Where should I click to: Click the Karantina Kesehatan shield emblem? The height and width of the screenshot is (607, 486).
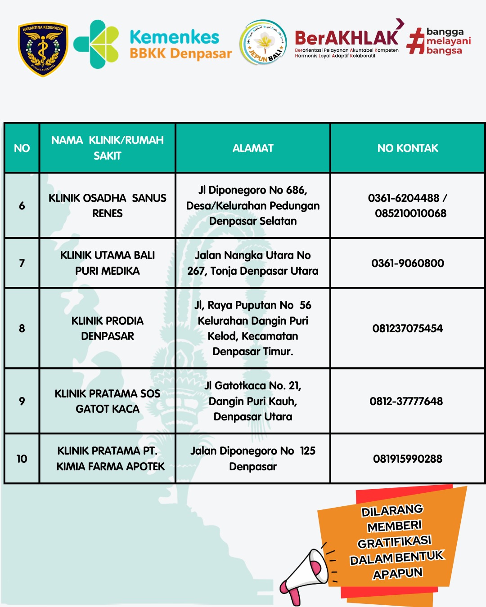(x=43, y=49)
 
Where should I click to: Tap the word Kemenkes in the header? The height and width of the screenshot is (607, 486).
(x=174, y=37)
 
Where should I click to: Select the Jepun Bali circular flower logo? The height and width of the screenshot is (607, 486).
(x=263, y=43)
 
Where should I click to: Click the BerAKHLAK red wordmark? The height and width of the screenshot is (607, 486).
(x=346, y=38)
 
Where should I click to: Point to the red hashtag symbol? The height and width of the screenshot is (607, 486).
(x=415, y=42)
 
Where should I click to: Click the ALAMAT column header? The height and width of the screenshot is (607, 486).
(x=253, y=148)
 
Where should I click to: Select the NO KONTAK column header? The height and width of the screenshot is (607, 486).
(x=408, y=148)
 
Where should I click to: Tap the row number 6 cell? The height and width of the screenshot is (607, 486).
(x=22, y=206)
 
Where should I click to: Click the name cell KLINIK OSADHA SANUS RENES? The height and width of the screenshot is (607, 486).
(x=108, y=205)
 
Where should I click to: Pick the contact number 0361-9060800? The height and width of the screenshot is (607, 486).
(x=408, y=263)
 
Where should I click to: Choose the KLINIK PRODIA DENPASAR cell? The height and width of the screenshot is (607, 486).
(x=108, y=328)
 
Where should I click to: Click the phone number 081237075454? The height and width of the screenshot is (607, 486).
(x=408, y=329)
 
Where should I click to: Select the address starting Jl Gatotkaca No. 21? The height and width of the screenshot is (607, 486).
(x=253, y=401)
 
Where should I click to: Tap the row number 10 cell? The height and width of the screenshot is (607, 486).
(x=22, y=459)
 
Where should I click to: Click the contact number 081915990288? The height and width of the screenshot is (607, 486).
(x=408, y=459)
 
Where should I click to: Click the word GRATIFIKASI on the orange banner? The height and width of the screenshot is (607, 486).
(x=395, y=542)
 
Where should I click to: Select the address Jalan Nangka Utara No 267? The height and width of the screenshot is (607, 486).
(x=253, y=263)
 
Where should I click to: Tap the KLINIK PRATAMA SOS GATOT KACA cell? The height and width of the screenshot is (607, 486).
(x=108, y=401)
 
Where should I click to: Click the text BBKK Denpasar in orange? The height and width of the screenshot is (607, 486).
(x=181, y=54)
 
